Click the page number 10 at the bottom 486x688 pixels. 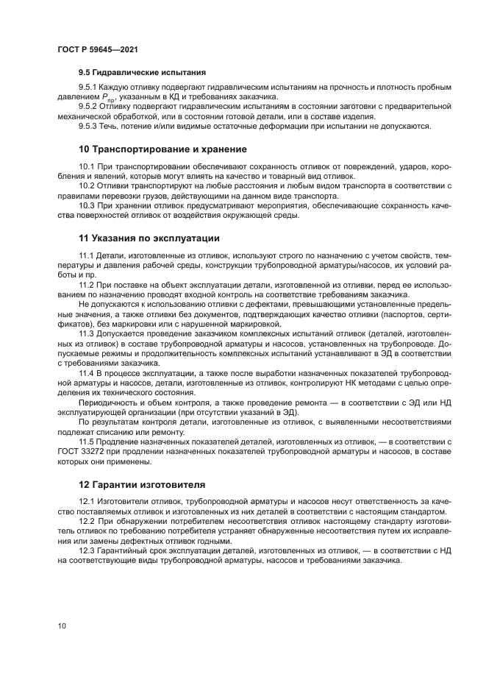62,625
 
